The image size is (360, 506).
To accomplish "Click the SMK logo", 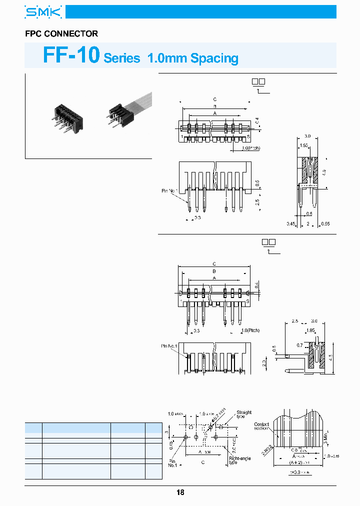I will point(43,12).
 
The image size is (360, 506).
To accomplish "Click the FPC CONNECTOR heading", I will point(61,34).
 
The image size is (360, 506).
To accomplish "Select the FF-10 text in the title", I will point(71,55).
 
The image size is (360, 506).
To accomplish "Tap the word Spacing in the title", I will point(214,58).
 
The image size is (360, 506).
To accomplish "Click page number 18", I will point(180,492).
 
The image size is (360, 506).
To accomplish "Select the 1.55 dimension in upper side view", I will point(303,145).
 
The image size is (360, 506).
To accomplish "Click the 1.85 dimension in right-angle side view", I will point(310,330).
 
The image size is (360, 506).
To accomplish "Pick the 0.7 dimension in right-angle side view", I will point(299,345).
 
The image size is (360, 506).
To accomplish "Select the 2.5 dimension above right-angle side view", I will point(295,321).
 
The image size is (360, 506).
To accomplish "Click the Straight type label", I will point(244,414).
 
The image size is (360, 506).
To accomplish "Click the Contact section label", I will point(261,426).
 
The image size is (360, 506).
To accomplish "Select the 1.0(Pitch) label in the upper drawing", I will point(250,148).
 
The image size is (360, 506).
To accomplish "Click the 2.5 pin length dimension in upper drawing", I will point(257,202).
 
